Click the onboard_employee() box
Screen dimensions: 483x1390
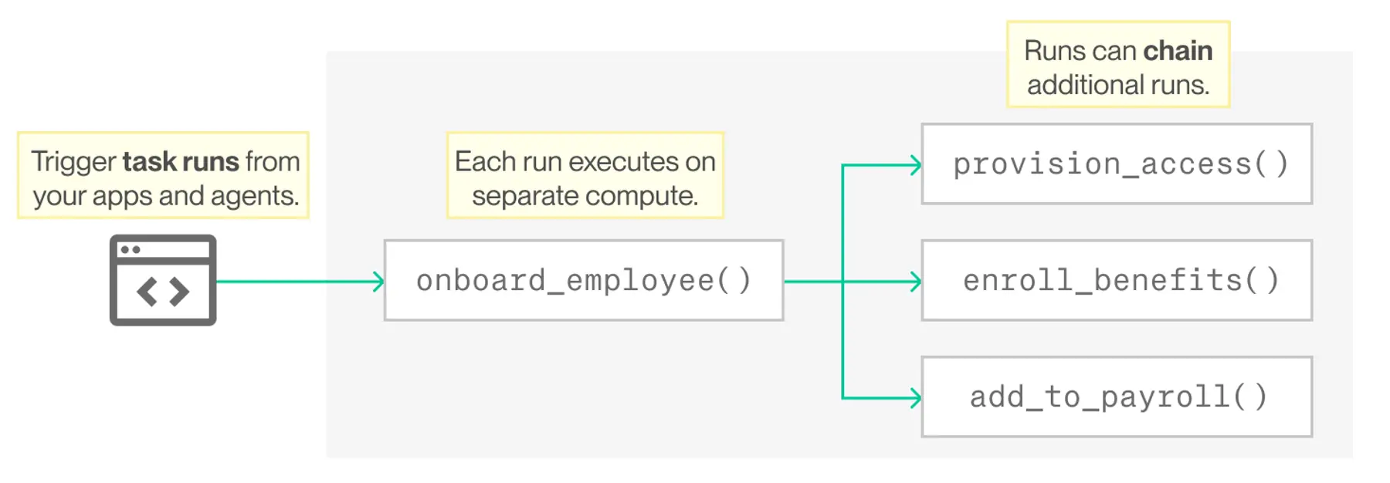point(584,280)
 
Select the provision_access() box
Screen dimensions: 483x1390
point(1117,164)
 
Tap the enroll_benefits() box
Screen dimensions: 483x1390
point(1117,280)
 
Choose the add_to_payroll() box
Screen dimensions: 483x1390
point(1117,397)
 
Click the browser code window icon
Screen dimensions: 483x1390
point(163,280)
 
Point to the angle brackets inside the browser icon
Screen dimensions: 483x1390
point(163,292)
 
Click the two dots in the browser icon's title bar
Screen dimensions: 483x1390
point(131,249)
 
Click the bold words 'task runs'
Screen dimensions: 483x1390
point(181,161)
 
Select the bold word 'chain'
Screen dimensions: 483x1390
point(1178,51)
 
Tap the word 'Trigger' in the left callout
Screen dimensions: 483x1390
point(73,162)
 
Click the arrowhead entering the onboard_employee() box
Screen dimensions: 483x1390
point(378,282)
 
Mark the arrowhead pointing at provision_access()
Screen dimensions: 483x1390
point(916,164)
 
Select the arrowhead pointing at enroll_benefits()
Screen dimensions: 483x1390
point(916,282)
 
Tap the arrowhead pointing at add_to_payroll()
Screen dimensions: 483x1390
point(916,398)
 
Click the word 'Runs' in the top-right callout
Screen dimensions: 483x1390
point(1054,51)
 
